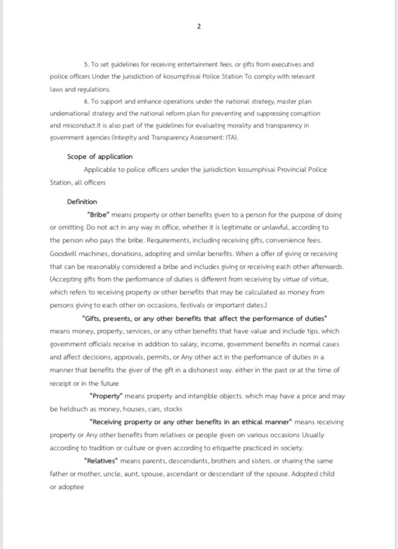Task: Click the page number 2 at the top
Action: (x=199, y=26)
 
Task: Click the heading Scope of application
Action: (x=100, y=157)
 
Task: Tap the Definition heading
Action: (x=82, y=202)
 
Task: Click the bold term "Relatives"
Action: (x=101, y=461)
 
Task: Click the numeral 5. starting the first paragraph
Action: (x=86, y=64)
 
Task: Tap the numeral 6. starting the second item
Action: (x=86, y=101)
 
